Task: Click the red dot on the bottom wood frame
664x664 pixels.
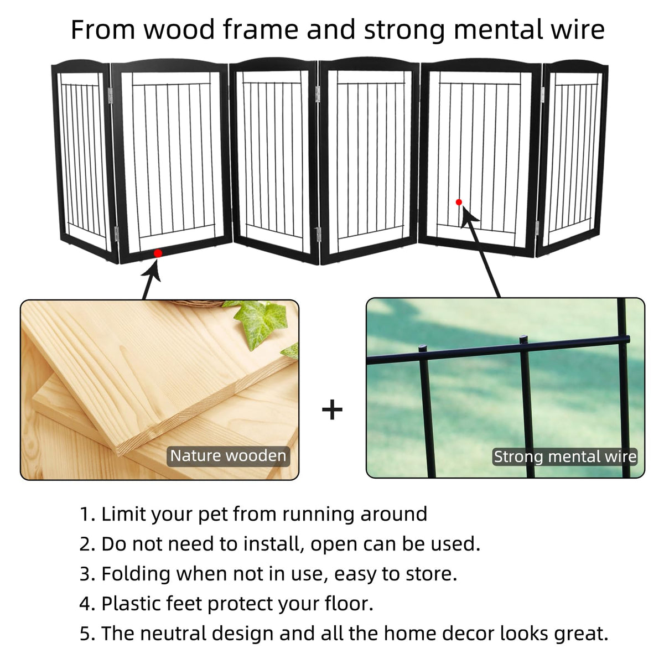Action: (x=158, y=253)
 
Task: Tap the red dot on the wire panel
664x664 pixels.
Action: (x=459, y=203)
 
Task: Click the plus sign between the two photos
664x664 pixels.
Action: (x=332, y=409)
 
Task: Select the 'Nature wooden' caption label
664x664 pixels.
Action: (x=228, y=456)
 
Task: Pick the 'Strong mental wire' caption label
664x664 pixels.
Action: (x=565, y=456)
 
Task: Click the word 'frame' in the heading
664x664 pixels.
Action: (x=261, y=30)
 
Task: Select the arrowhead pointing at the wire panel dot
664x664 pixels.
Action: (x=469, y=216)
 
